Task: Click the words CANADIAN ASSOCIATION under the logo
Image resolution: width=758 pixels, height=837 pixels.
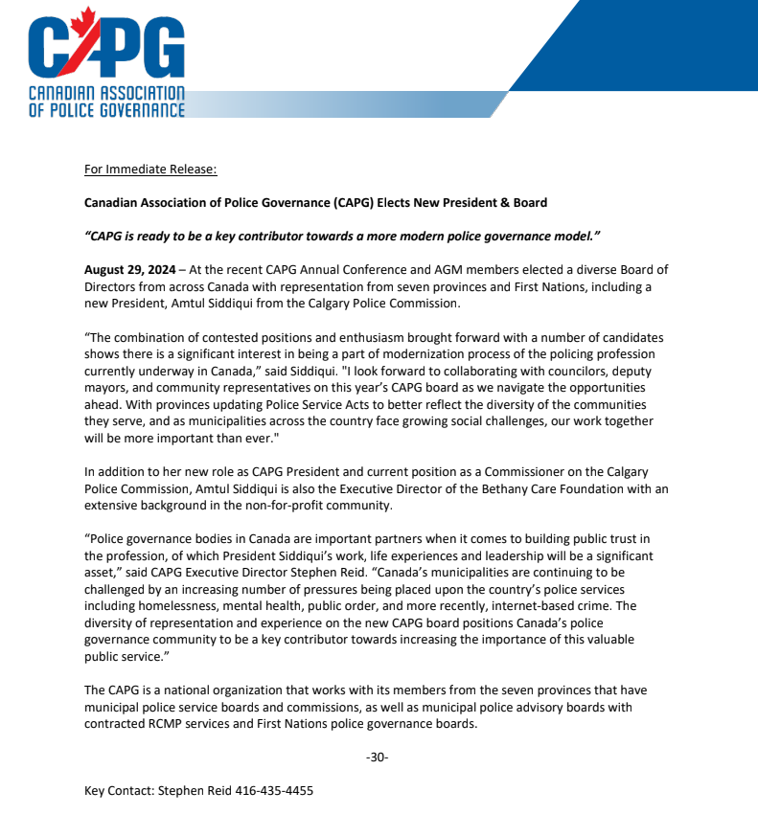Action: [106, 95]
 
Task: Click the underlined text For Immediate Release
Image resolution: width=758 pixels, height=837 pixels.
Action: [150, 170]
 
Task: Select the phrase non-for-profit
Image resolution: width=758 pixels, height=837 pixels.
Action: [291, 504]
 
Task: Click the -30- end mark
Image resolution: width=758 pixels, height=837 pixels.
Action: [378, 758]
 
